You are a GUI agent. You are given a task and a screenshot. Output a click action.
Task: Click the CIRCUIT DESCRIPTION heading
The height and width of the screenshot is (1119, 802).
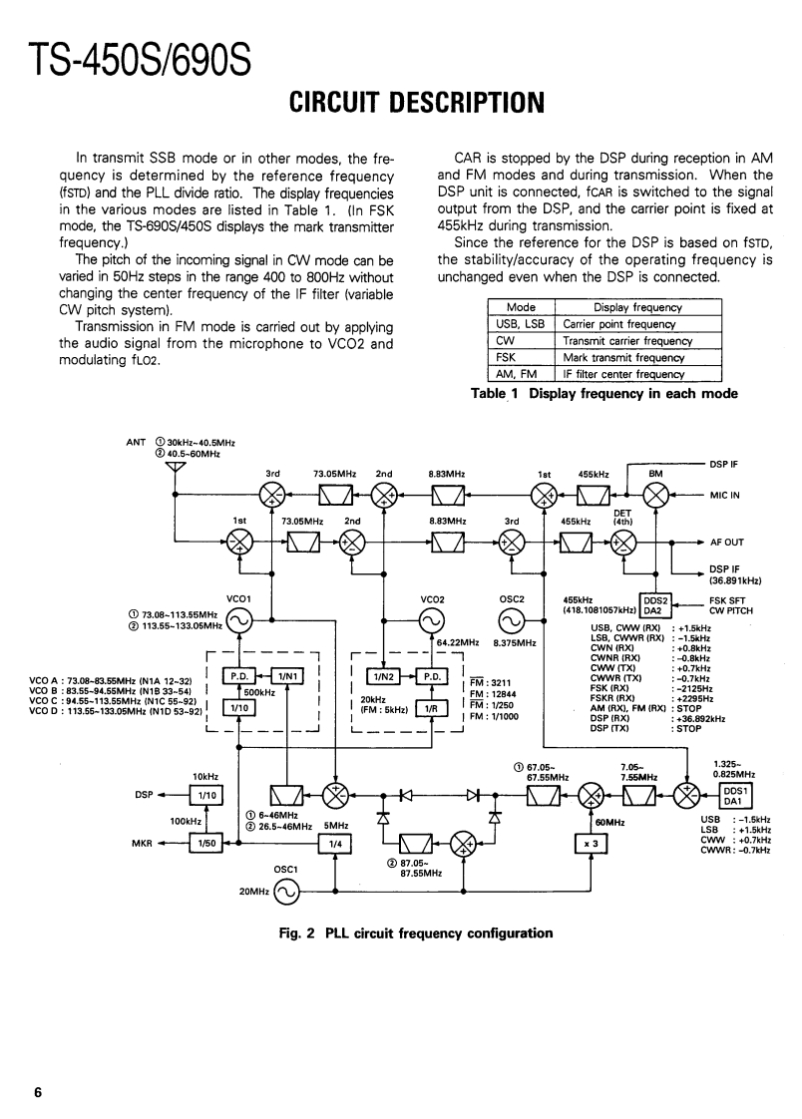point(401,103)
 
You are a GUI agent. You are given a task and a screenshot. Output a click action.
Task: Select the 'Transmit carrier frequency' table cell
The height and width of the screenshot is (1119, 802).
point(627,340)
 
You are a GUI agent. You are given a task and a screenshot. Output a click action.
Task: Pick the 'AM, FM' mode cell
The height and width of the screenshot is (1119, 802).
point(520,374)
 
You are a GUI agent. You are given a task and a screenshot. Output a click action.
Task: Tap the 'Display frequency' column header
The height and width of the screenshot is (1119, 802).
point(637,308)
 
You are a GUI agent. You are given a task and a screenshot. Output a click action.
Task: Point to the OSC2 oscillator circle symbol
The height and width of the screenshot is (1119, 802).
point(511,622)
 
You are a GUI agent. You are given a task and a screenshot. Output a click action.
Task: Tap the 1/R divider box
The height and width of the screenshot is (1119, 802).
point(431,708)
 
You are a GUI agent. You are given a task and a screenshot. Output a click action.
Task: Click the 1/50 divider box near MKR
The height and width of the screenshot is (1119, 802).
point(206,843)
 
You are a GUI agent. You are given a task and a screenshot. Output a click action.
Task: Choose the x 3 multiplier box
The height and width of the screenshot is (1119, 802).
point(591,843)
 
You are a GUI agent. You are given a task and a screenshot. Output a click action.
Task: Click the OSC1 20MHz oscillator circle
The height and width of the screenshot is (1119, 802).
point(284,893)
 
